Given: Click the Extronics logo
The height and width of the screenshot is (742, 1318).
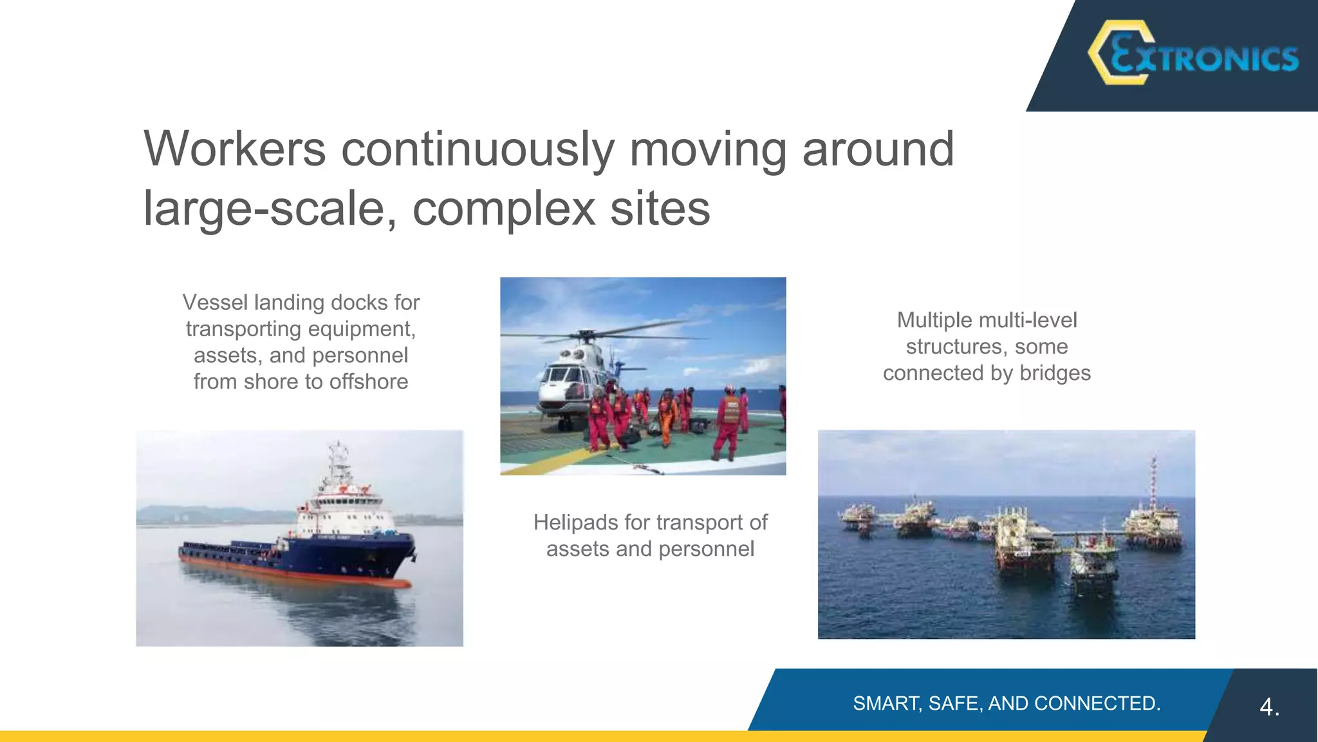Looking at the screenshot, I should tap(1192, 54).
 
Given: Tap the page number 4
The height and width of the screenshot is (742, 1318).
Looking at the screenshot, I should tap(1268, 707).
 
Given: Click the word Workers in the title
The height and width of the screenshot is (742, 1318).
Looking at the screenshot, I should tap(235, 149).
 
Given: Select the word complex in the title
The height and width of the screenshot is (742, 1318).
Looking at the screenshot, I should tap(504, 209).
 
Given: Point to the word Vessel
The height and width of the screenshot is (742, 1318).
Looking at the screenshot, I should tap(216, 302).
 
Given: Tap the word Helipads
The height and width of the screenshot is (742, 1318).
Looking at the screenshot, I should tap(574, 522).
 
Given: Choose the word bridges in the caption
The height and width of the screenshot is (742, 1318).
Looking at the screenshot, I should tap(1055, 373).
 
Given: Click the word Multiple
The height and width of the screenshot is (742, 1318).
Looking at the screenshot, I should tap(934, 320).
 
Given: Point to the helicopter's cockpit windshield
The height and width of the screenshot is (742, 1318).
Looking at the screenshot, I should tap(557, 374).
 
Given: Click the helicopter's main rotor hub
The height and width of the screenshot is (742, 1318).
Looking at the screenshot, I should tap(586, 334).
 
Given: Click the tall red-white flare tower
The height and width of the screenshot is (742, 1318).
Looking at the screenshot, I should tap(1153, 483).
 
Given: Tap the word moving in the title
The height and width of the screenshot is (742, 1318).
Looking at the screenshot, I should tap(707, 149).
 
